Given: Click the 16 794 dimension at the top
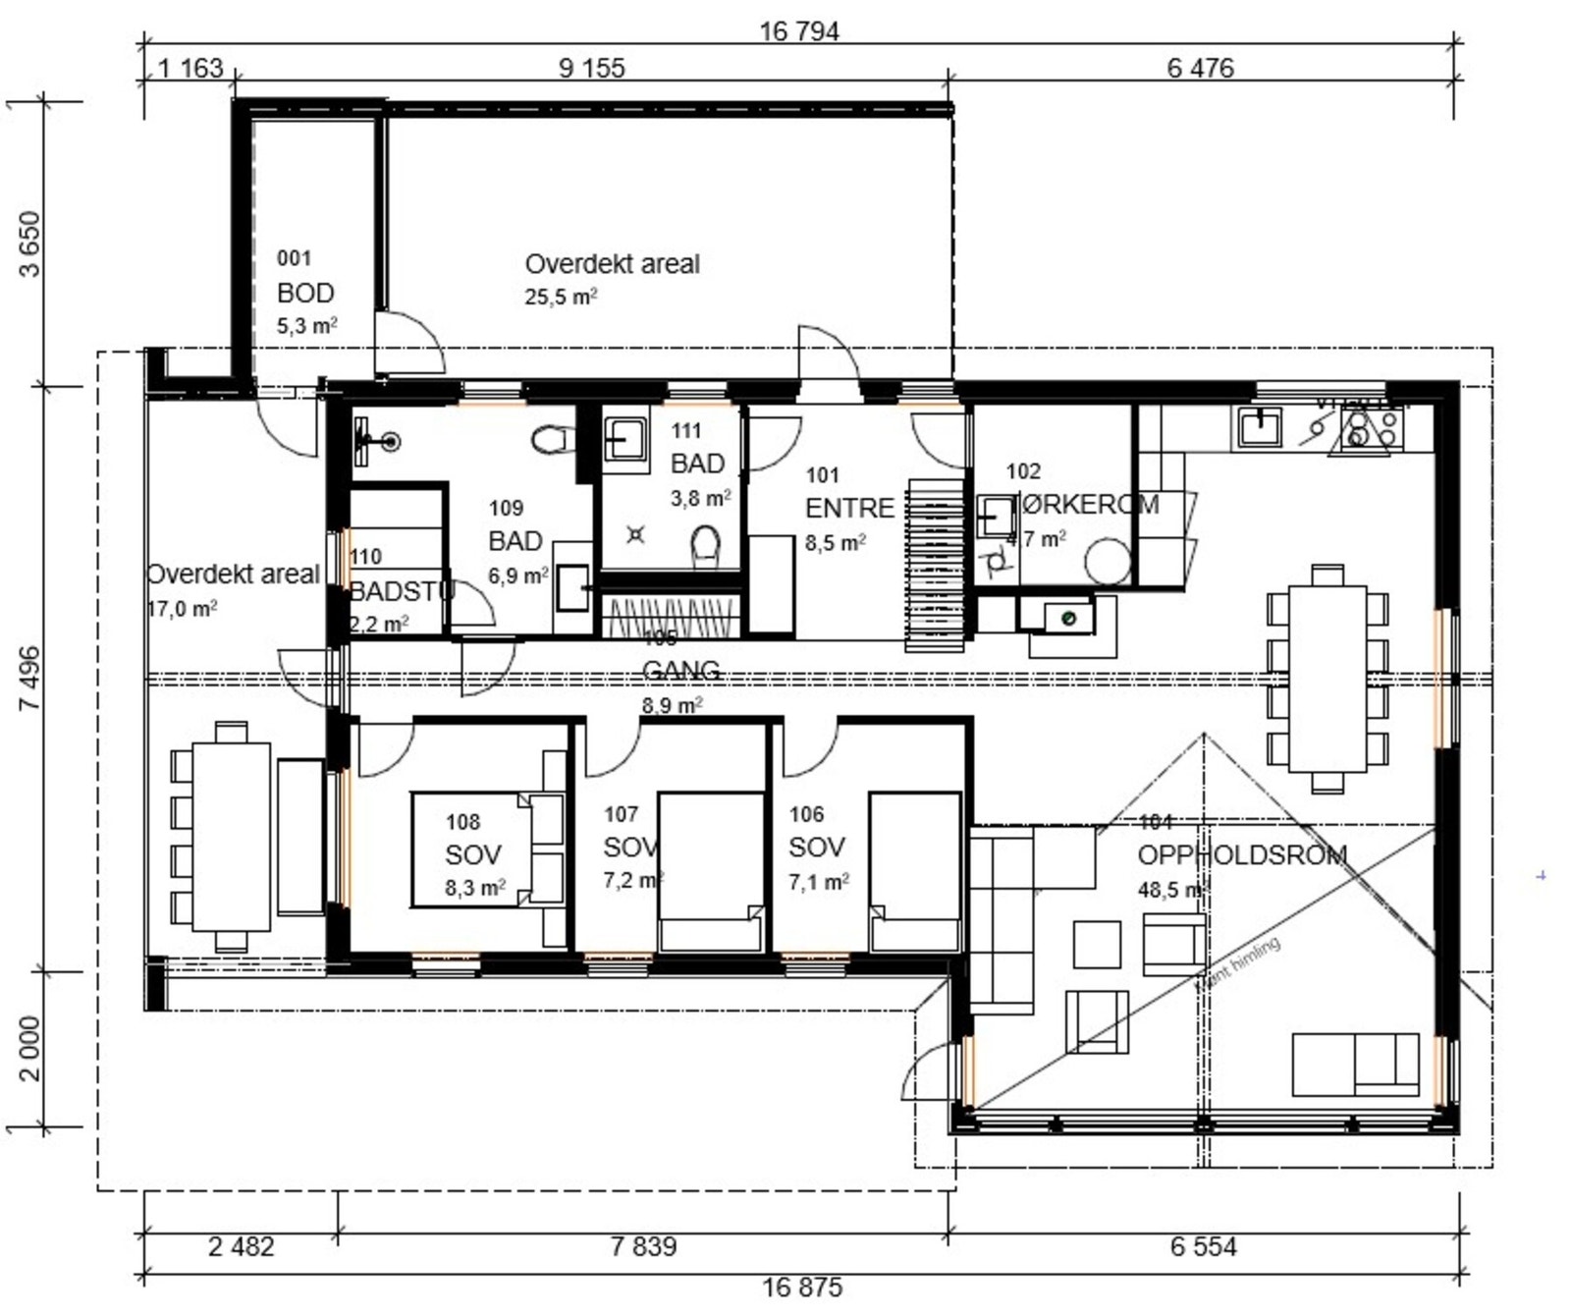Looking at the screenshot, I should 799,31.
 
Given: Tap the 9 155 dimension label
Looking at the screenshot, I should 591,68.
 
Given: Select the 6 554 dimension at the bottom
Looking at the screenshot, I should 1203,1246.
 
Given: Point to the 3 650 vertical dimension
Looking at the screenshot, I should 30,244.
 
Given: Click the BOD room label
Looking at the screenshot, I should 305,293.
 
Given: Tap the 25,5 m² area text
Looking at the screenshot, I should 561,297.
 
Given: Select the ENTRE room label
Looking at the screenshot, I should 849,508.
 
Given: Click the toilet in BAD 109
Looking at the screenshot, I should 553,439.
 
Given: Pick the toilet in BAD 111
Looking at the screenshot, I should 705,543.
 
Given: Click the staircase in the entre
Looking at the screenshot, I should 934,565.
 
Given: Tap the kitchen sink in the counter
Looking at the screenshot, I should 1258,427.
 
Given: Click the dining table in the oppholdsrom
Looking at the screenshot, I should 1327,679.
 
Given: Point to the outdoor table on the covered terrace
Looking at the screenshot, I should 231,837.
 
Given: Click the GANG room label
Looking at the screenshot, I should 680,671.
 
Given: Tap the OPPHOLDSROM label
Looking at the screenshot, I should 1241,854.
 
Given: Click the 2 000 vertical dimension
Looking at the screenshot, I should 30,1048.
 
